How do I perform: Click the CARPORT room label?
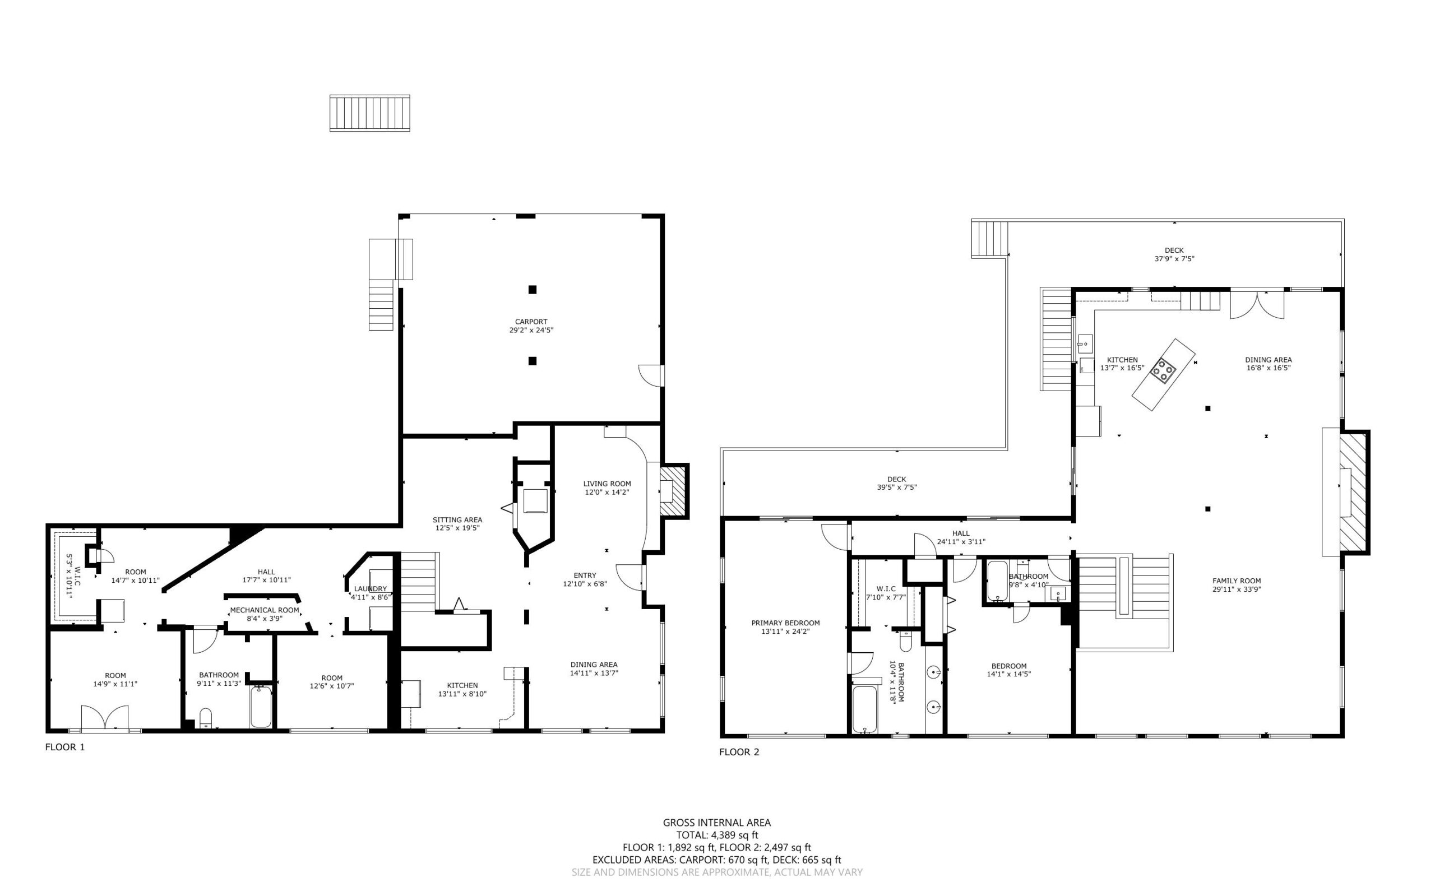coord(531,322)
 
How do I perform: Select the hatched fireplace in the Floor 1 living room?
coord(674,491)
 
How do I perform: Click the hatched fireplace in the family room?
coord(1354,493)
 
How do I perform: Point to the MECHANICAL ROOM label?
coord(265,610)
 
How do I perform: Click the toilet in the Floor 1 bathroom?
coord(206,718)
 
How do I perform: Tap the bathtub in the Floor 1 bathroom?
coord(261,707)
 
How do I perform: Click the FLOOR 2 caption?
coord(739,752)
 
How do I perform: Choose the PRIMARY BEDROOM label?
coord(785,623)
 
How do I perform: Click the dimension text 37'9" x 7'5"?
coord(1174,259)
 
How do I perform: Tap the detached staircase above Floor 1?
coord(370,113)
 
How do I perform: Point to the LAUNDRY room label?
coord(371,588)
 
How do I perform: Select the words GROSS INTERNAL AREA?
coord(716,823)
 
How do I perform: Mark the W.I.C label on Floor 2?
coord(886,588)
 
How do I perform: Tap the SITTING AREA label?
coord(457,519)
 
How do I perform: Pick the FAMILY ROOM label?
coord(1237,581)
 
